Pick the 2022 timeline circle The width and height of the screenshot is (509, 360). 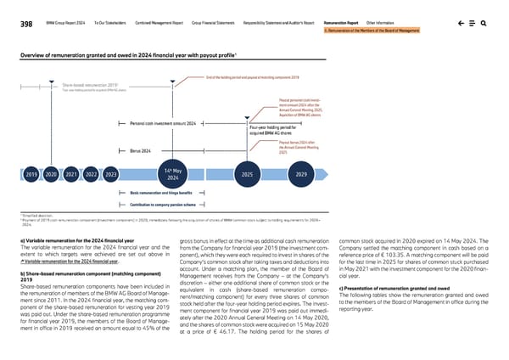(x=92, y=175)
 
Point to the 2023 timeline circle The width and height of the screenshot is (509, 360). (x=111, y=175)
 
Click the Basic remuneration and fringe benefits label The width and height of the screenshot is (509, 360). (x=165, y=194)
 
